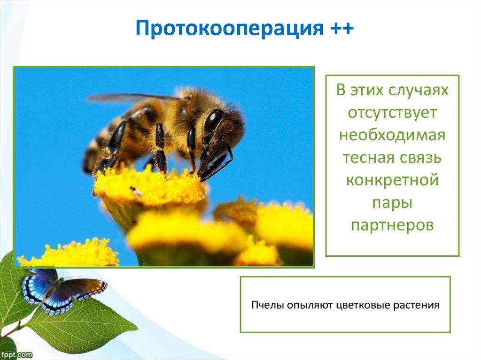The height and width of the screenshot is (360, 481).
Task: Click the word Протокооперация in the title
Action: click(229, 29)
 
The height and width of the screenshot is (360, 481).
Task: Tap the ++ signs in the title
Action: click(342, 28)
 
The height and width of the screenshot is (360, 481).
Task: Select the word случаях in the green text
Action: click(418, 90)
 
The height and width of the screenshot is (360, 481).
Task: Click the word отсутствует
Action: click(392, 113)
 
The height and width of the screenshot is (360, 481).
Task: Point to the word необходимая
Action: click(392, 135)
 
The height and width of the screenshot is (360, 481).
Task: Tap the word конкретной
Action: click(392, 180)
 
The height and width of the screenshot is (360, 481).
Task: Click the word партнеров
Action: click(392, 225)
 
